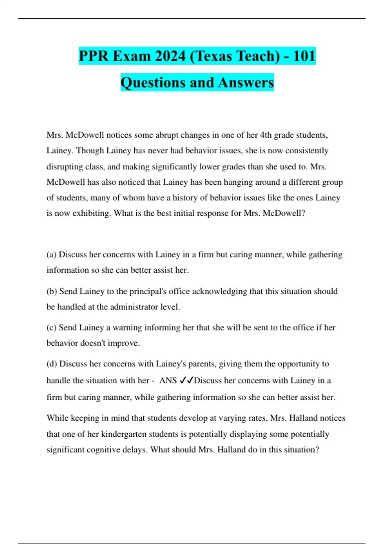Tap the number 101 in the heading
[x=304, y=56]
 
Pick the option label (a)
[x=52, y=255]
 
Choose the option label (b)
[x=52, y=292]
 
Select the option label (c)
[x=52, y=328]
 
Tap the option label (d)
[x=52, y=364]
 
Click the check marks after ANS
[x=186, y=380]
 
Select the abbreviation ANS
[x=168, y=380]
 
